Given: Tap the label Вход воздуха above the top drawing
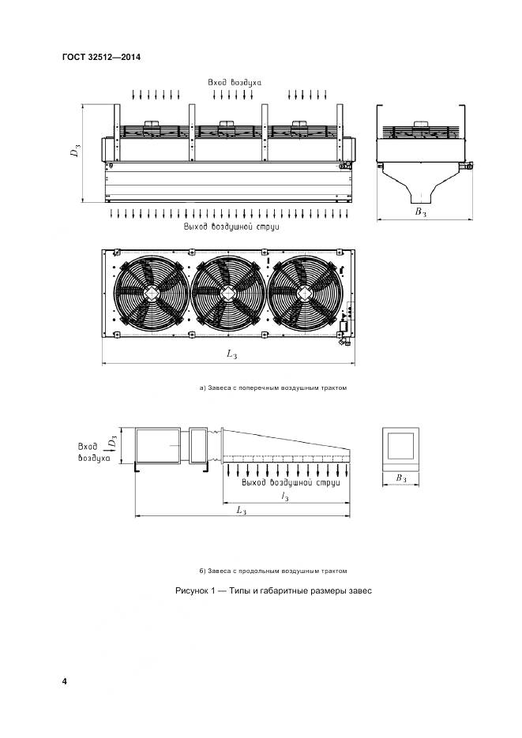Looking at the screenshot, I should (x=235, y=81).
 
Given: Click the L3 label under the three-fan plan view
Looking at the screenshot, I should (x=231, y=355).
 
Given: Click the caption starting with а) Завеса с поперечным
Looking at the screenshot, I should (x=273, y=388).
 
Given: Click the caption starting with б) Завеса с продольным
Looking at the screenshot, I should (x=273, y=571).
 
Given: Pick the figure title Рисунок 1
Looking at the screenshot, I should (x=272, y=591).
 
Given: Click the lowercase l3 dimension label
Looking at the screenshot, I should (x=284, y=495).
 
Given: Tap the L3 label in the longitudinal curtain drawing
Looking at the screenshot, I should (x=242, y=511).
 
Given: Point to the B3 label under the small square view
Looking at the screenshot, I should (x=401, y=478).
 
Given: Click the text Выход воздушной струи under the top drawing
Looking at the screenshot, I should (x=231, y=227).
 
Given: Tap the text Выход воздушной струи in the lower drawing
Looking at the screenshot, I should (x=291, y=481).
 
